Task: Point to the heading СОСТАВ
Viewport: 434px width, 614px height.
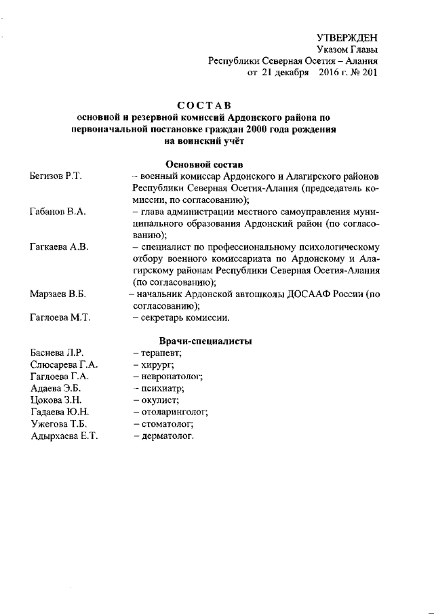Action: (203, 105)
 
